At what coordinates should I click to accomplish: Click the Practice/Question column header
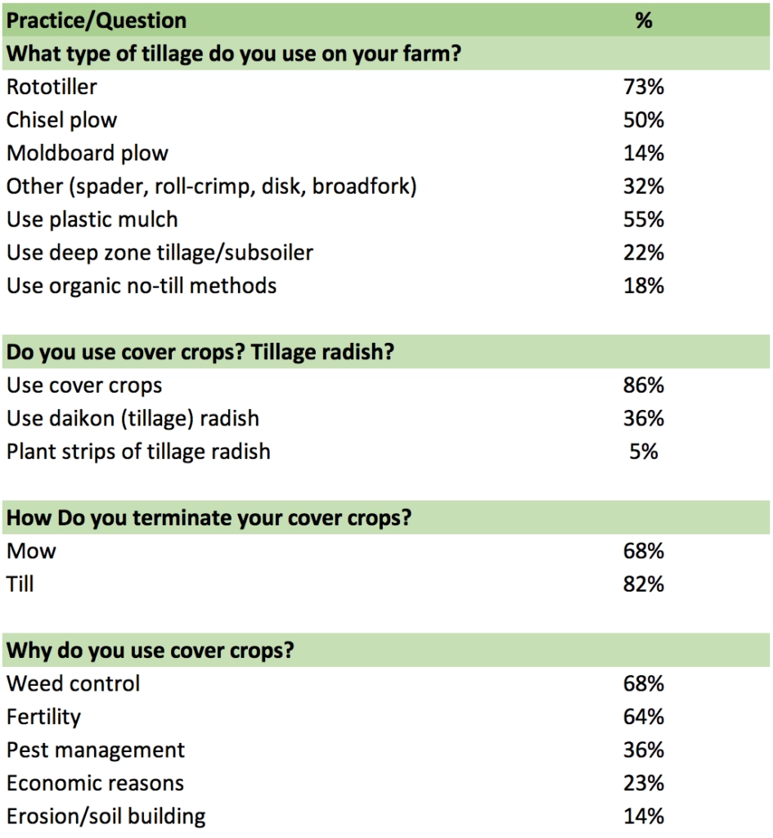tap(97, 20)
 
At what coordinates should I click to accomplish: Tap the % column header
tap(644, 20)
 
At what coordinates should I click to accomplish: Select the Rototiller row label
tap(52, 86)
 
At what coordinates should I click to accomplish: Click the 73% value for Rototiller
tap(644, 86)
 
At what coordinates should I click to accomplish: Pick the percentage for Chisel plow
tap(644, 119)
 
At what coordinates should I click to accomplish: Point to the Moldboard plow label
tap(88, 153)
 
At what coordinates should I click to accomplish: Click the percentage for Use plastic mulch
tap(644, 219)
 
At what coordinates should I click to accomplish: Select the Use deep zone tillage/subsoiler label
tap(160, 253)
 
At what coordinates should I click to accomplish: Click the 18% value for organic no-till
tap(644, 286)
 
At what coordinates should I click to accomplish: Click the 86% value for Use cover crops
tap(644, 385)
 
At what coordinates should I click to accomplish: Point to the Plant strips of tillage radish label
tap(138, 452)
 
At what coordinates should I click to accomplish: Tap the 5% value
tap(644, 452)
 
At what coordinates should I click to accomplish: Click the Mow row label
tap(31, 551)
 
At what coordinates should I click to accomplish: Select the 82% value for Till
tap(644, 584)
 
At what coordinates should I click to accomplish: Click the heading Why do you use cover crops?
tap(151, 651)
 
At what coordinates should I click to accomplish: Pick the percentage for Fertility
tap(644, 717)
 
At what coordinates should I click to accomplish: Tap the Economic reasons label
tap(95, 783)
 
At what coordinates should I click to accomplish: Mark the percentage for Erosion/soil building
tap(644, 816)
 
